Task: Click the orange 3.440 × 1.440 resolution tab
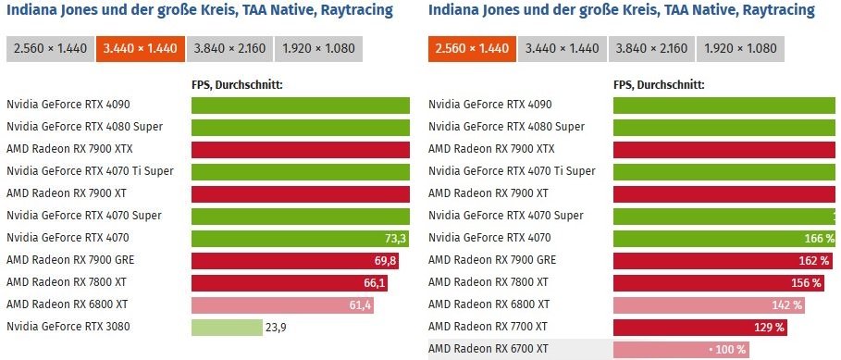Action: pos(141,49)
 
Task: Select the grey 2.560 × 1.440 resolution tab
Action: pos(50,49)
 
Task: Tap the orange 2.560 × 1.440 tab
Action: pos(472,49)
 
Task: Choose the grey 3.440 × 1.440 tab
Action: pos(563,49)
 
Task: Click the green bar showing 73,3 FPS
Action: pos(301,238)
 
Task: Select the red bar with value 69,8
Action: pos(295,261)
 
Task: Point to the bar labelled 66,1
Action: pos(290,283)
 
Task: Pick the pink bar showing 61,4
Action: pos(283,305)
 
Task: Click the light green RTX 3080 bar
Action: pos(227,328)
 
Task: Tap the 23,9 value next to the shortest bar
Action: pos(276,328)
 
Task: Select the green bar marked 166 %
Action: pos(724,238)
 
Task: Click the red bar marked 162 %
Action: pos(723,261)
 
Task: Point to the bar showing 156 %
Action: pos(719,283)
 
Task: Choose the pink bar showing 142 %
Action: pos(709,305)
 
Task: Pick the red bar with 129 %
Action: pos(700,328)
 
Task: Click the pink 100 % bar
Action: pos(681,350)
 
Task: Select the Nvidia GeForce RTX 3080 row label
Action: pos(68,327)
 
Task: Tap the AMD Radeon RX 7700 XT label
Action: pos(488,327)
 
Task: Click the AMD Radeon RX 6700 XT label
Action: pos(488,349)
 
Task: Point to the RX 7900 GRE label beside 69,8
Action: pos(70,260)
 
